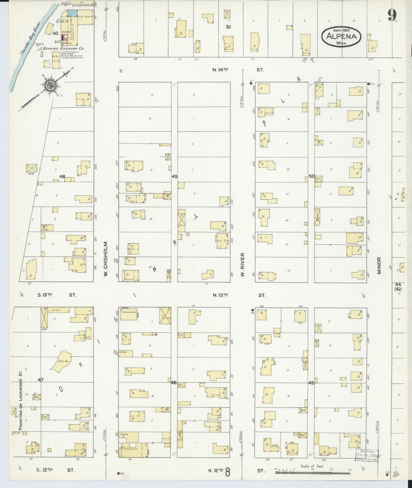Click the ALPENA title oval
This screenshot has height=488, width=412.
coord(342,36)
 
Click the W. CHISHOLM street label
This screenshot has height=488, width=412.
coord(105,259)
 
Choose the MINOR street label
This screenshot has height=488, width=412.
coord(379,266)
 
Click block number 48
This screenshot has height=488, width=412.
coord(62,176)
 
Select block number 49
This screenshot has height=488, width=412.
coord(174,176)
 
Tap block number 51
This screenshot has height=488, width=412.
coord(228,27)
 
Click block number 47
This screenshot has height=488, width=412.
coord(41,380)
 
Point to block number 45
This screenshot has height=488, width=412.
coord(311,383)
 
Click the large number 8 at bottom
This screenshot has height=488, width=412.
coord(228,472)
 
